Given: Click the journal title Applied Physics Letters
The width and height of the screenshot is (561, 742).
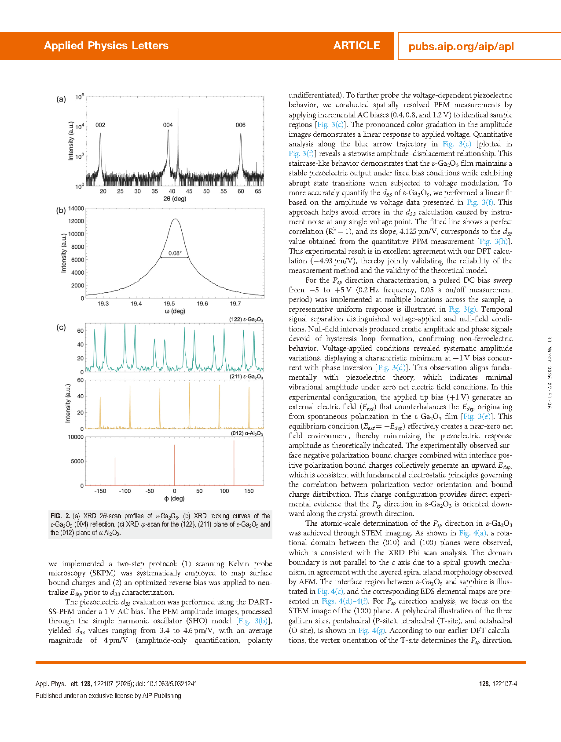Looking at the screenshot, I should click(106, 46).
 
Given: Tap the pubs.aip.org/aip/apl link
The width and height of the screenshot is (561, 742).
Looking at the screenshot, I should click(461, 47).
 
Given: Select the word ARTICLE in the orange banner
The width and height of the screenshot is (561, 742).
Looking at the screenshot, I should click(356, 46).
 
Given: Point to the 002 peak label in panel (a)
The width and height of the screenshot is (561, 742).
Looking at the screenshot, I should click(100, 125).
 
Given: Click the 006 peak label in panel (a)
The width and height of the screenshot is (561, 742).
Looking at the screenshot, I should click(240, 125).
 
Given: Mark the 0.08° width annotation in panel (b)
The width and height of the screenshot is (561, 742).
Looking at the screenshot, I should click(175, 253).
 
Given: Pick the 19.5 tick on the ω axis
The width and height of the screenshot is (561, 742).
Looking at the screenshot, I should click(169, 304).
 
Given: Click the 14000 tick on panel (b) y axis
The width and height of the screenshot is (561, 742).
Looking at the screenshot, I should click(76, 209).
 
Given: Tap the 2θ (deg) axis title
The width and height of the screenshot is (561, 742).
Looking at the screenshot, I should click(175, 199).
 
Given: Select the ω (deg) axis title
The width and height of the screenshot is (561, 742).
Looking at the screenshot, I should click(175, 311).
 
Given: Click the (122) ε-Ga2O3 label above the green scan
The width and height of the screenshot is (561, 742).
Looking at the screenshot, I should click(246, 320).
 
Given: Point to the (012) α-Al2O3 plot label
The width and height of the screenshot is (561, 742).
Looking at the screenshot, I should click(247, 433).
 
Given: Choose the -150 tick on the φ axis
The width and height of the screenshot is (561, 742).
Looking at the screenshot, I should click(100, 491).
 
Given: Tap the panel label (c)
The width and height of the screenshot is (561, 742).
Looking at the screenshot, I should click(61, 327).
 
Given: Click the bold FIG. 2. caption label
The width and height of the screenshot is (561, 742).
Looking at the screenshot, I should click(60, 516).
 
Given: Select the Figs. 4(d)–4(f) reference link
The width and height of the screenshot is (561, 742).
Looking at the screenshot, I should click(345, 601).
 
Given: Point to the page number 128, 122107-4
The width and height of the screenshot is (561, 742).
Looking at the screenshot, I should click(498, 684).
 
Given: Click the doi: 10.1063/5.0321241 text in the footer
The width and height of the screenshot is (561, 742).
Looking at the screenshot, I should click(166, 684).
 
